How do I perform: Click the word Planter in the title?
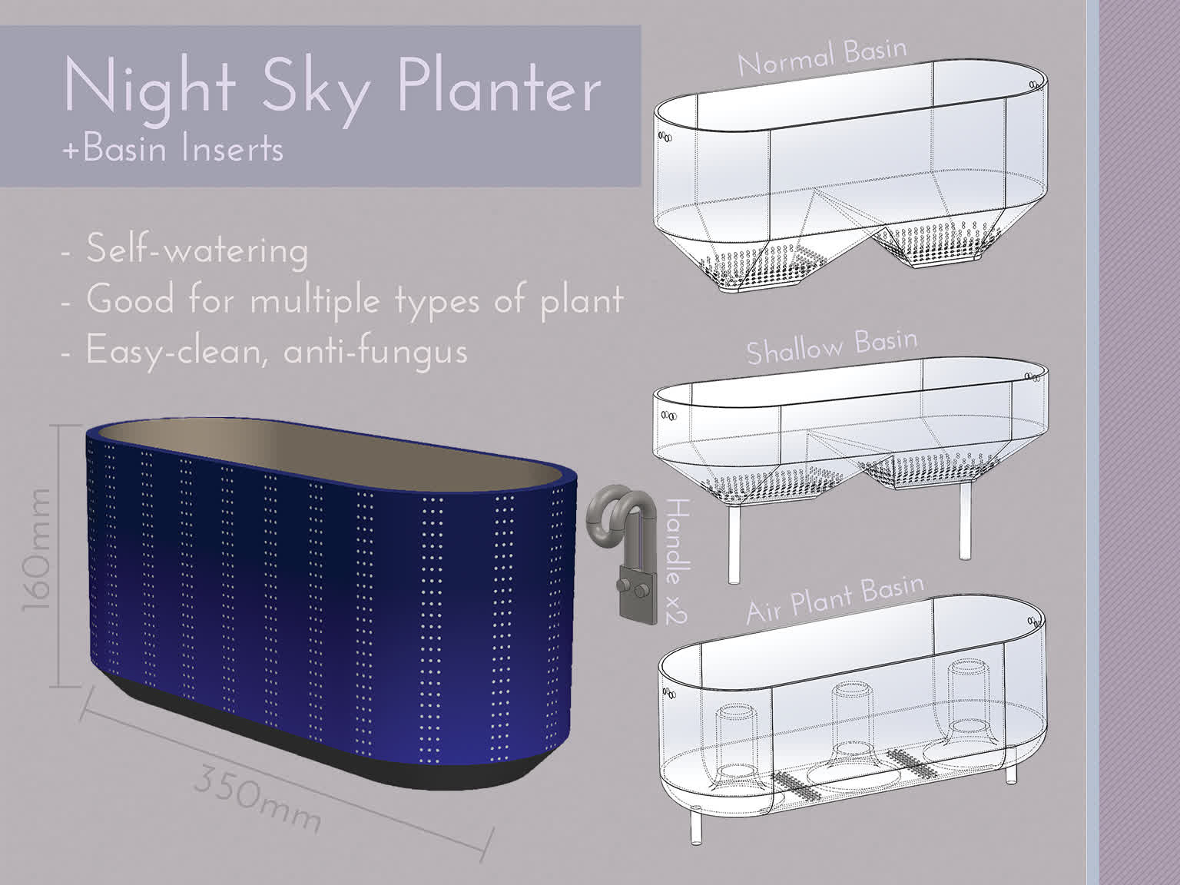pos(499,88)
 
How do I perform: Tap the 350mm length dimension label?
pos(257,798)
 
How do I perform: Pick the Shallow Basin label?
pos(831,347)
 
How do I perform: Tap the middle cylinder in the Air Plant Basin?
pos(852,714)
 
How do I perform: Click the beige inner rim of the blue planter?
pos(323,446)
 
